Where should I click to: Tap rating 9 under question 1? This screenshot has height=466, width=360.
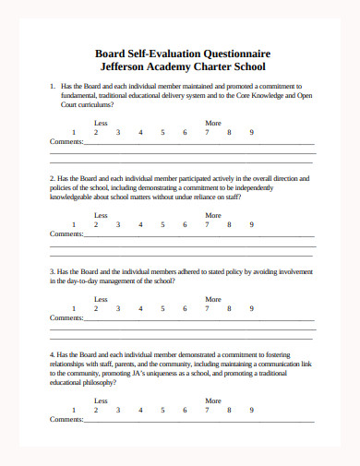pos(252,132)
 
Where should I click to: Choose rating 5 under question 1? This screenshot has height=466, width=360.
pos(162,132)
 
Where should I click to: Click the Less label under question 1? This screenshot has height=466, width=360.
pos(102,123)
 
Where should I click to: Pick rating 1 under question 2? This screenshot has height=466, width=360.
pos(74,224)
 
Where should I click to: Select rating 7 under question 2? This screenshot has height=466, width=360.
pos(208,224)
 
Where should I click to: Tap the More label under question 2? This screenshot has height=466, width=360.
pos(213,215)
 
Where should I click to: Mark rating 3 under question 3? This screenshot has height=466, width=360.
pos(118,308)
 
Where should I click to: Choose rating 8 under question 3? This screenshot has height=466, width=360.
pos(230,308)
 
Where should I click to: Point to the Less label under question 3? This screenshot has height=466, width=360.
pos(102,299)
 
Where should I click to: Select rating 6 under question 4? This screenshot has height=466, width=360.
pos(185,410)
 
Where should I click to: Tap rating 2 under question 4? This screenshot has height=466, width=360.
pos(96,410)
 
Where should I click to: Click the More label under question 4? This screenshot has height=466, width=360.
pos(213,400)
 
